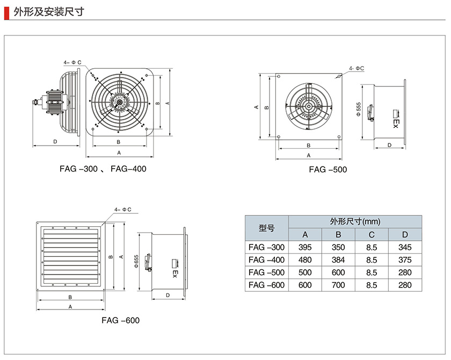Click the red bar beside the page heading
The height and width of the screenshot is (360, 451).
pyautogui.click(x=6, y=11)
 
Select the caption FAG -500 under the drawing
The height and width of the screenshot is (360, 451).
pyautogui.click(x=328, y=169)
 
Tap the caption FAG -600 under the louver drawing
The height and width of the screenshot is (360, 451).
pyautogui.click(x=120, y=320)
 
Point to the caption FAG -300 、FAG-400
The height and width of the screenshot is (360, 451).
pyautogui.click(x=103, y=169)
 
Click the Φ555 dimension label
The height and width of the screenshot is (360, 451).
pyautogui.click(x=358, y=107)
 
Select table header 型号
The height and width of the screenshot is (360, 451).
pyautogui.click(x=266, y=228)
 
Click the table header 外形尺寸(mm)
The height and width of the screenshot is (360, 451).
pyautogui.click(x=354, y=221)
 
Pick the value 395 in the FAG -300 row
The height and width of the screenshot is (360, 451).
pyautogui.click(x=305, y=247)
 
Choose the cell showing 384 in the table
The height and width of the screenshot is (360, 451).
pyautogui.click(x=338, y=260)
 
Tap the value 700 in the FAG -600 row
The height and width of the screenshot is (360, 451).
pyautogui.click(x=338, y=285)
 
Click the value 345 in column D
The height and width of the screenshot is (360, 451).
pyautogui.click(x=405, y=247)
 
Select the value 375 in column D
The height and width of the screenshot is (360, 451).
pyautogui.click(x=405, y=260)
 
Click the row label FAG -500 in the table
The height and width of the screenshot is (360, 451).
pyautogui.click(x=266, y=272)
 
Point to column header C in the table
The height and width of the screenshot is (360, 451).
pyautogui.click(x=372, y=234)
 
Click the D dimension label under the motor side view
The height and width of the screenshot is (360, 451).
pyautogui.click(x=55, y=141)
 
